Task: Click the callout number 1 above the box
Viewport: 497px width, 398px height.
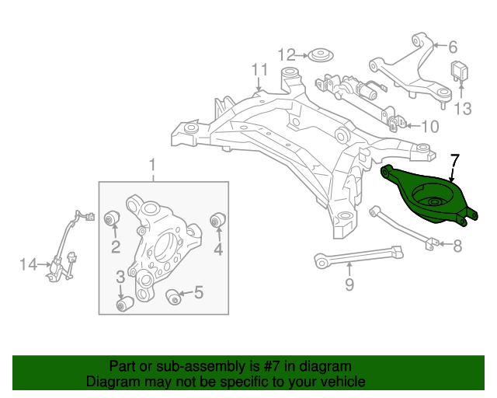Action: pos(152,165)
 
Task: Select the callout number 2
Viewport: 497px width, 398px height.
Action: pos(114,248)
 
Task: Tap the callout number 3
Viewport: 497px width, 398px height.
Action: pos(120,278)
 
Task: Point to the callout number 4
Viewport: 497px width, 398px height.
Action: pos(218,249)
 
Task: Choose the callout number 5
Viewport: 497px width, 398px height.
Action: pos(198,293)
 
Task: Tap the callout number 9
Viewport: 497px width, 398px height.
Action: pos(349,285)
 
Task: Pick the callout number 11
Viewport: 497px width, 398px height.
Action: pos(258,72)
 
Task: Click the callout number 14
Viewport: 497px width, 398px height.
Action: pos(28,265)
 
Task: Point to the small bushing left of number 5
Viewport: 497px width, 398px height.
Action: pos(174,295)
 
